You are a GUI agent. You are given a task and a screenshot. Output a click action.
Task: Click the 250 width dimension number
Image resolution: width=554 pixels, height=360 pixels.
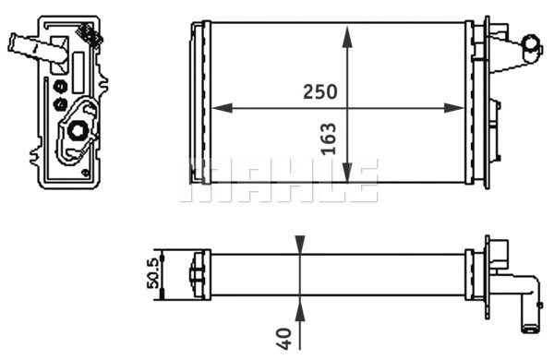tap(320, 92)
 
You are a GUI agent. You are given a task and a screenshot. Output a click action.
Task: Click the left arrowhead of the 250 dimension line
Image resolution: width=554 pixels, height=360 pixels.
tap(220, 107)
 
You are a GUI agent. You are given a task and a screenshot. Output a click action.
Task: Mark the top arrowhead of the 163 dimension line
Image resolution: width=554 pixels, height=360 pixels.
tap(347, 34)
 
